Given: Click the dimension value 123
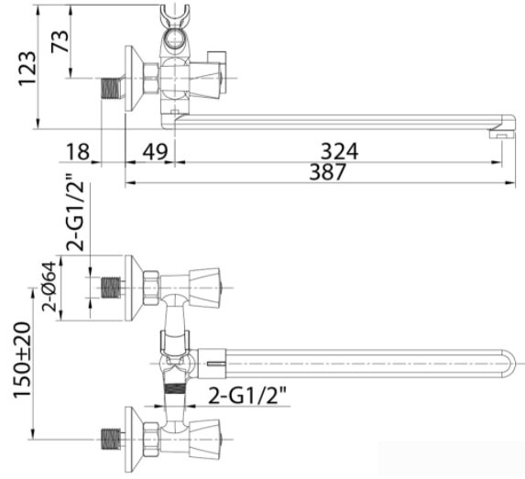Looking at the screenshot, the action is pyautogui.click(x=27, y=69).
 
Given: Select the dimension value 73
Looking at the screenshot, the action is pyautogui.click(x=60, y=41).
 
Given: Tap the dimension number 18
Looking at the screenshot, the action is pyautogui.click(x=78, y=152).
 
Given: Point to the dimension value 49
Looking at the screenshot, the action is pyautogui.click(x=155, y=152).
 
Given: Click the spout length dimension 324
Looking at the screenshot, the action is pyautogui.click(x=340, y=151).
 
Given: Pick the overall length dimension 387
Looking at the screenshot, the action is pyautogui.click(x=327, y=171).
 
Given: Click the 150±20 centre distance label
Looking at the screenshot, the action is pyautogui.click(x=23, y=360).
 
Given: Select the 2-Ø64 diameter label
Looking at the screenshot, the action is pyautogui.click(x=49, y=287).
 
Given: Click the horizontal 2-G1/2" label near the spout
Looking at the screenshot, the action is pyautogui.click(x=247, y=396).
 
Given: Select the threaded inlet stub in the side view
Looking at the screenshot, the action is pyautogui.click(x=111, y=88).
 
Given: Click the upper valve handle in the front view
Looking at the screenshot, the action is pyautogui.click(x=204, y=288).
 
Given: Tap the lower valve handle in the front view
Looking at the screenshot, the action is pyautogui.click(x=204, y=440).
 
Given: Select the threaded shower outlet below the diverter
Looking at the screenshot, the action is pyautogui.click(x=175, y=389).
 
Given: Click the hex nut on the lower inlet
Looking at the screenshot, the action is pyautogui.click(x=151, y=440).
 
